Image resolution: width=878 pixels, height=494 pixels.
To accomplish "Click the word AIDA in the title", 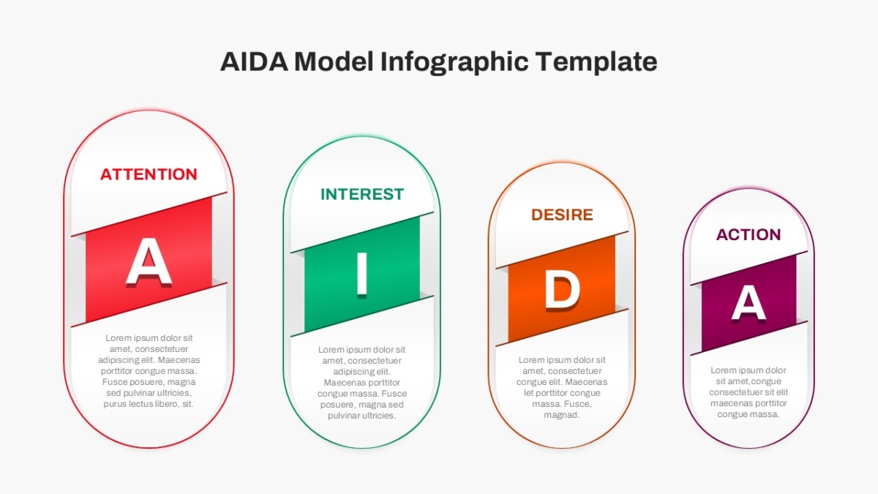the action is [x=254, y=61].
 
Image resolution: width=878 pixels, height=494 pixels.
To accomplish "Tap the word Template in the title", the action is [x=596, y=62].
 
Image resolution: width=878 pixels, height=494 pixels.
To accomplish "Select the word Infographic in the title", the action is [x=454, y=62].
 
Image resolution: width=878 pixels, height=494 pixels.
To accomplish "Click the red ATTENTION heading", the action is [x=149, y=174].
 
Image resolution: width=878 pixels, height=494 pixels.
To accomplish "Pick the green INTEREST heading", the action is [x=362, y=194].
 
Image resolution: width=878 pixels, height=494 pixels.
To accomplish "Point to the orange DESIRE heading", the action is [x=562, y=215].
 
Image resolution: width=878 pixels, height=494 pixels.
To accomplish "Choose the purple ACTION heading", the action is [x=748, y=234].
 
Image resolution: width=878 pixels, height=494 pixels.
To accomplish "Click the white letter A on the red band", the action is [x=149, y=261].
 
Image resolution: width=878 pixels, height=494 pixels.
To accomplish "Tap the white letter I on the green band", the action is [x=361, y=274].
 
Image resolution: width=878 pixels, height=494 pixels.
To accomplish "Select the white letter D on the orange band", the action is [x=563, y=291].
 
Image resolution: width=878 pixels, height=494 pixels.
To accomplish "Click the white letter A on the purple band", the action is [x=748, y=302].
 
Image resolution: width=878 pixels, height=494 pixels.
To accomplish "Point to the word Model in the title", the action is [x=334, y=61].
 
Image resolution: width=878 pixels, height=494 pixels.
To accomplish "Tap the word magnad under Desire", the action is [x=562, y=415].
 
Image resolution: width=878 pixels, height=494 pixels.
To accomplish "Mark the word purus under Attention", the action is [x=114, y=405].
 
